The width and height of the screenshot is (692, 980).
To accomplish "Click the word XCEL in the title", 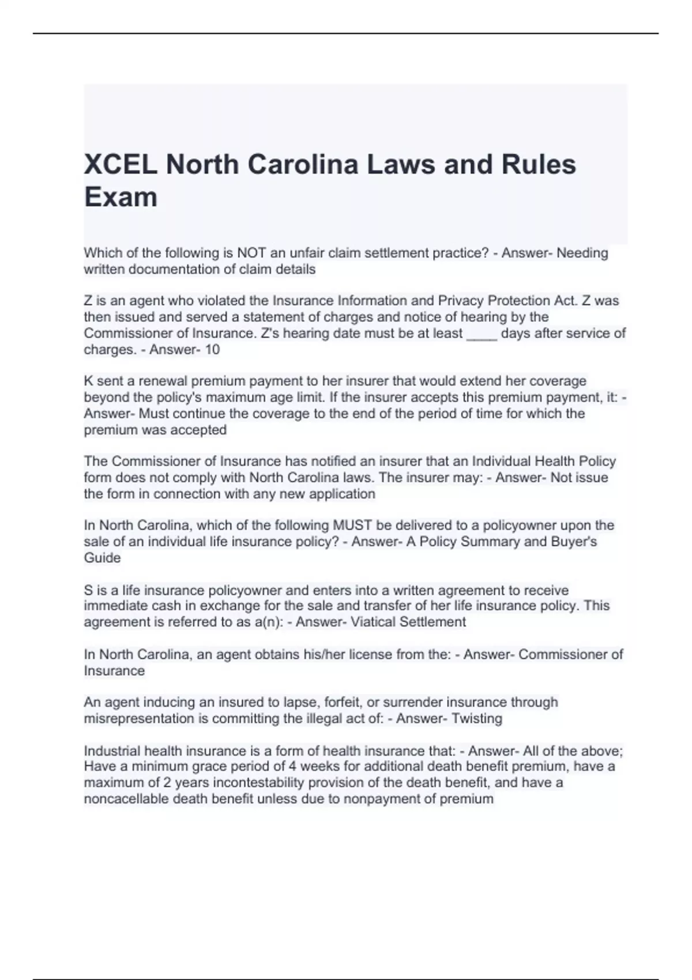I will point(120,165).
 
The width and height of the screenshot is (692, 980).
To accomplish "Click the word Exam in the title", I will point(121,197).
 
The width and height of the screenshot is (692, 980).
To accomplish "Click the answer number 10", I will point(212,349).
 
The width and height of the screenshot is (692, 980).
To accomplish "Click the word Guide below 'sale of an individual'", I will point(102,557).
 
